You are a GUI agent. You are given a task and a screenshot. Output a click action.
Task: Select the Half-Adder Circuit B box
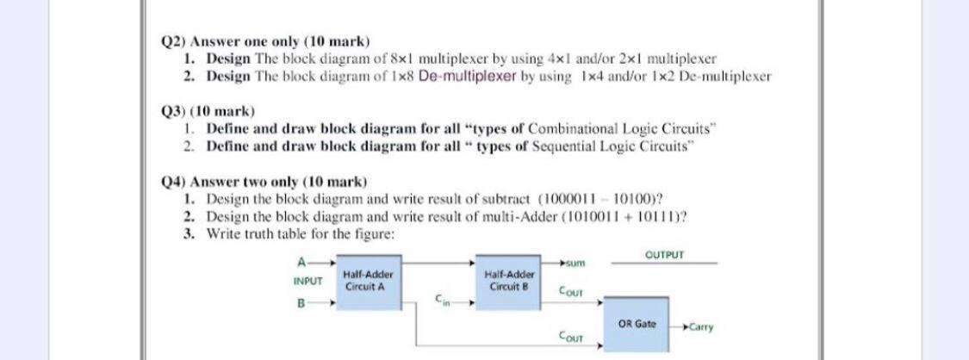click(506, 279)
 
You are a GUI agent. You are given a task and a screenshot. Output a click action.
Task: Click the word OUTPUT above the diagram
click(664, 256)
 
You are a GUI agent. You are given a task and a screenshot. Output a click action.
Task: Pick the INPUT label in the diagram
click(307, 281)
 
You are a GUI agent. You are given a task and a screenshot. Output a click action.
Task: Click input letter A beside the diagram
click(301, 261)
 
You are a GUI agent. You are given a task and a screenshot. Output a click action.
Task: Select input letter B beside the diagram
click(301, 304)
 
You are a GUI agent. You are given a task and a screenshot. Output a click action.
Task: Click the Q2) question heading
click(176, 41)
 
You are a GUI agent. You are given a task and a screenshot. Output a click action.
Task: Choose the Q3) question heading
click(176, 112)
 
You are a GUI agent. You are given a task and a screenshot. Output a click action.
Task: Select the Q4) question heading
click(176, 182)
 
